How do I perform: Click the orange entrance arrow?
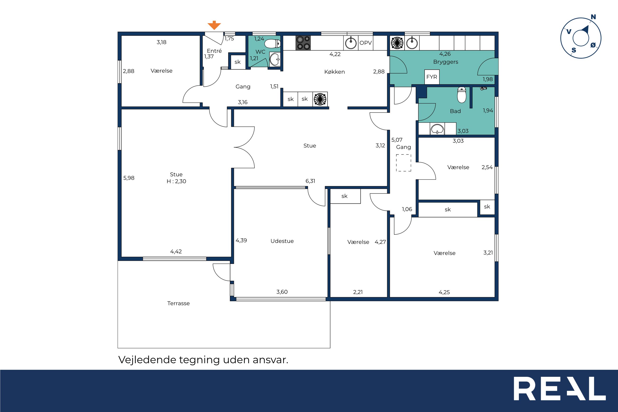tap(214, 25)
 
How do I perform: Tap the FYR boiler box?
tap(432, 77)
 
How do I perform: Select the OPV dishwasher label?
tap(366, 43)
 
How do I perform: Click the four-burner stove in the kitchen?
tap(303, 43)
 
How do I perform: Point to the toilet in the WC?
tap(272, 43)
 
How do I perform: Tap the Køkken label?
tap(334, 72)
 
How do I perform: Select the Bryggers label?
tap(446, 62)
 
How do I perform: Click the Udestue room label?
tap(282, 241)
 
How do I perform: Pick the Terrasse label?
tap(178, 303)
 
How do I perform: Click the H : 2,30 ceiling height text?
tap(176, 181)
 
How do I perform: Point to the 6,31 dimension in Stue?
tap(310, 181)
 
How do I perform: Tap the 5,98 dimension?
tap(129, 178)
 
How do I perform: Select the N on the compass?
tap(593, 17)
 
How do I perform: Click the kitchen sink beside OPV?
tap(351, 43)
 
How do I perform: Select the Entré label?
tap(214, 51)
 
